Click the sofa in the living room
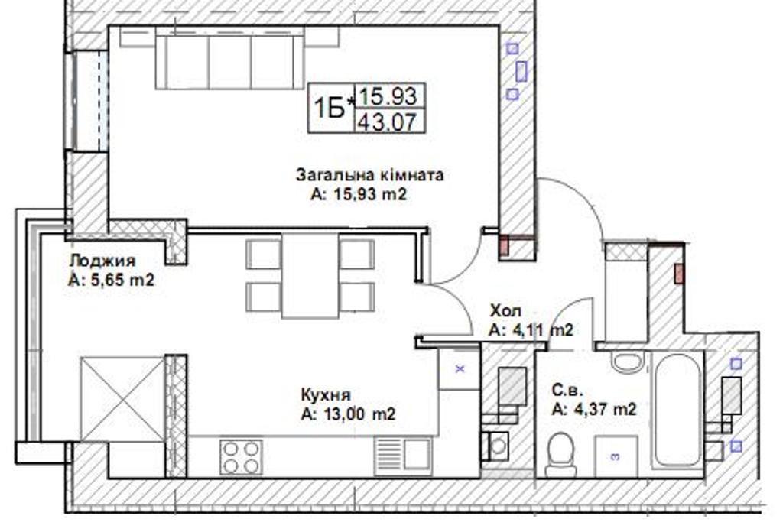click(x=229, y=58)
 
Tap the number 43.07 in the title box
click(x=388, y=122)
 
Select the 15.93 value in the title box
click(x=388, y=96)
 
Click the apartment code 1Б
click(x=330, y=109)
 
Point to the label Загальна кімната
click(x=369, y=175)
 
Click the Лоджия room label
click(x=102, y=261)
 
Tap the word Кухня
click(x=326, y=394)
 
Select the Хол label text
click(x=505, y=311)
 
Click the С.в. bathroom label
click(x=567, y=390)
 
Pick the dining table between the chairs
click(x=310, y=275)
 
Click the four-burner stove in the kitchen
click(x=241, y=457)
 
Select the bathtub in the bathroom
click(x=677, y=410)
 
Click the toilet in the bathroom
click(x=560, y=455)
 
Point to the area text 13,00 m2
click(x=349, y=414)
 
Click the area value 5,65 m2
click(x=111, y=280)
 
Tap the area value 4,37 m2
click(x=594, y=409)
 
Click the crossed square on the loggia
click(x=123, y=399)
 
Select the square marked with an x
click(x=460, y=369)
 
